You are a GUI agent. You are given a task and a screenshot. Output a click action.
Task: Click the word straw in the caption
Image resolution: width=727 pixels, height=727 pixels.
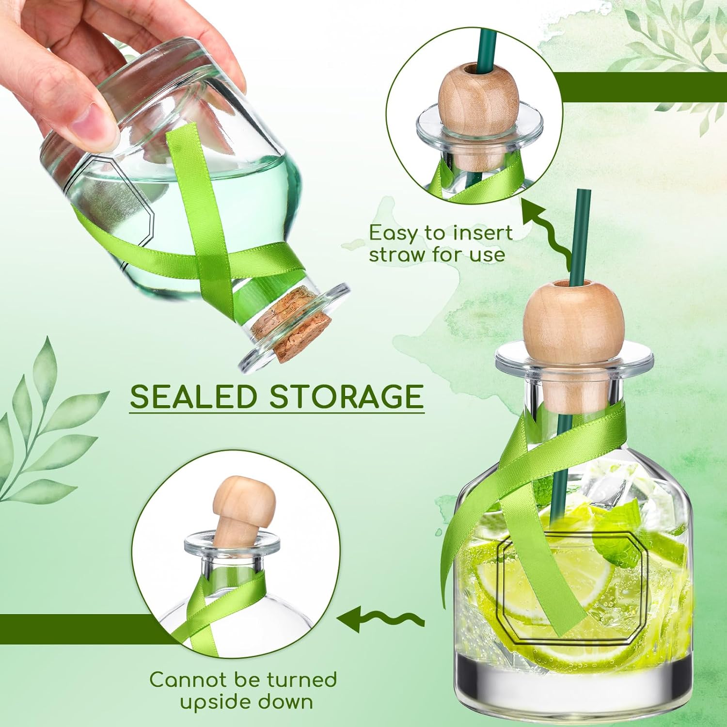click(x=398, y=254)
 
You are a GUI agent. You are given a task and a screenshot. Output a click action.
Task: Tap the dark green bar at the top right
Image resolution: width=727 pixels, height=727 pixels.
click(x=640, y=87)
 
